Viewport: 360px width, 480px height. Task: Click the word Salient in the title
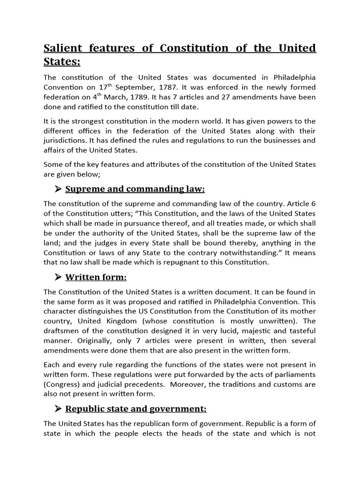click(64, 48)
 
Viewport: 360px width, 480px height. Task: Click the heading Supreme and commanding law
click(135, 189)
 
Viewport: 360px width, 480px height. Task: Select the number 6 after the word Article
click(313, 203)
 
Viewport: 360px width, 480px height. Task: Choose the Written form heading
click(96, 277)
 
